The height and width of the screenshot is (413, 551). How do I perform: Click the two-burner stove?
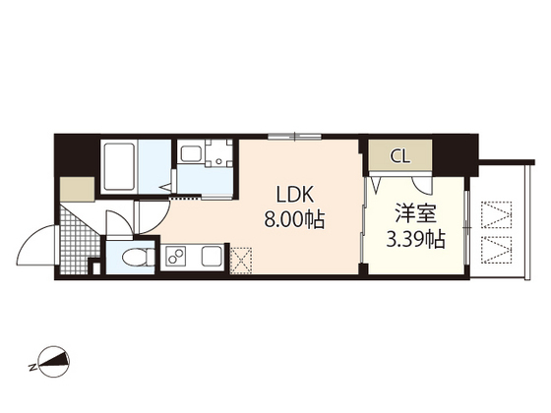pos(176,259)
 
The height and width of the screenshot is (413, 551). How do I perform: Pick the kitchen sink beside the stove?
pos(213,259)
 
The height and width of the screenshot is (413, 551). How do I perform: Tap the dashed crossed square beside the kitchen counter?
pos(242,261)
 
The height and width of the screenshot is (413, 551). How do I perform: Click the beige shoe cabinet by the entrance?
pos(73,188)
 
